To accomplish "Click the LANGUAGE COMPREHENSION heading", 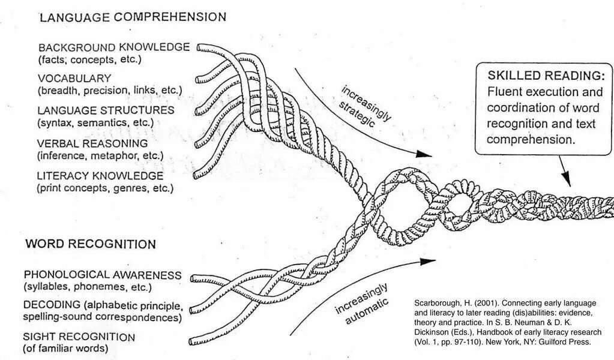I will coord(133,17).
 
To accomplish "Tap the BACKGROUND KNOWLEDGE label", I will coord(113,47).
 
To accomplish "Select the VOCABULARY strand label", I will coord(74,78).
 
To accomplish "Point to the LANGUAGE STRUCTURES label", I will coord(106,110).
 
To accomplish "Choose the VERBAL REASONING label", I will coord(92,143).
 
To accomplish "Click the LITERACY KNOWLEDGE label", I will coord(100,176).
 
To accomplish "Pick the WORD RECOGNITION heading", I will coord(90,244).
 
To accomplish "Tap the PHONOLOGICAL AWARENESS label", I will coord(102,275).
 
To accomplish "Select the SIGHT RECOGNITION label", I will coord(79,337).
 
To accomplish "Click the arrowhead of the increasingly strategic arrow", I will coord(426,154).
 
